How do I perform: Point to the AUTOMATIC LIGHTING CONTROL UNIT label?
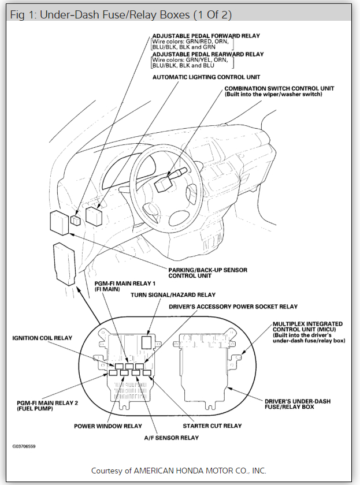point(206,76)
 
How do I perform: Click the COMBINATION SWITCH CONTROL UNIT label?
point(279,88)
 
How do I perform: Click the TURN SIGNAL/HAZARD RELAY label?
point(173,295)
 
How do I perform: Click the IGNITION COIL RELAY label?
point(42,338)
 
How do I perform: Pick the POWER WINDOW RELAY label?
point(107,426)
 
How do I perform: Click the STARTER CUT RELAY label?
point(212,426)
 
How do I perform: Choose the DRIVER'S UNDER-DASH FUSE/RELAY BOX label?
point(298,404)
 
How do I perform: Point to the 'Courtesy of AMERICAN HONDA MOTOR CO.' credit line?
point(179,470)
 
